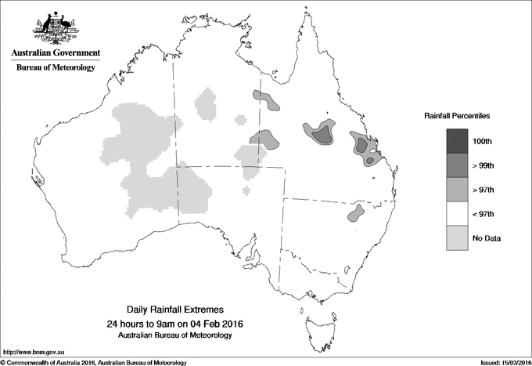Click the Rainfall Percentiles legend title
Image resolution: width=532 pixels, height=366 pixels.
(457, 115)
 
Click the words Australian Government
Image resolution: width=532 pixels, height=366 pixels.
(56, 53)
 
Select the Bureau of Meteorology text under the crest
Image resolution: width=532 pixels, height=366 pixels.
(56, 68)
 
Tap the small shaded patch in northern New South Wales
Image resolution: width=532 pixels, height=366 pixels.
(356, 213)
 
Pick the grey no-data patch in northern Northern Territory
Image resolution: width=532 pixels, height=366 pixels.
(207, 104)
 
